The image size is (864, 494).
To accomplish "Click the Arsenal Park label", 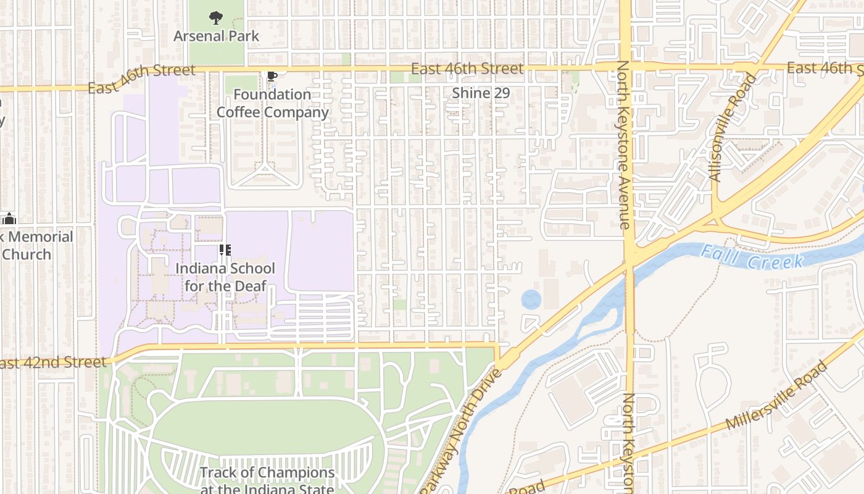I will coord(216,36).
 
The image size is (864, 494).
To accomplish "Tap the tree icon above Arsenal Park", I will coord(216,18).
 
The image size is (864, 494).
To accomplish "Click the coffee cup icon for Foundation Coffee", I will coord(272,77).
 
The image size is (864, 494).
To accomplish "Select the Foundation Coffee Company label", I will coord(272,103).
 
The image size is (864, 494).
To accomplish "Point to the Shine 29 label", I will coord(481,93).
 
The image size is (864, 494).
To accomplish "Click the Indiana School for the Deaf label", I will coord(225,277).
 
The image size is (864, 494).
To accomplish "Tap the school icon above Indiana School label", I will coord(225,250).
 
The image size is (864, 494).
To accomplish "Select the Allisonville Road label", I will coord(733,127).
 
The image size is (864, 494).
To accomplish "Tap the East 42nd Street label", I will coord(53,362).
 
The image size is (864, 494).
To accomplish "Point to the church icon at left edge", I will coord(9,218).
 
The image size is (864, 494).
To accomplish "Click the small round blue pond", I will coord(531,300).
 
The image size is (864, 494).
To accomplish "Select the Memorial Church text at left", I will coord(37,245).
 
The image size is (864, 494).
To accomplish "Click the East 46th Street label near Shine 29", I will coord(467,69).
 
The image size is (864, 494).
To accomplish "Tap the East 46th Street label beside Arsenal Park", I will coord(141,79).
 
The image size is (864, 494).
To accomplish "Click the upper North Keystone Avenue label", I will coord(624,145).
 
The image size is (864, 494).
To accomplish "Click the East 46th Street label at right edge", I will coord(827,68).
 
